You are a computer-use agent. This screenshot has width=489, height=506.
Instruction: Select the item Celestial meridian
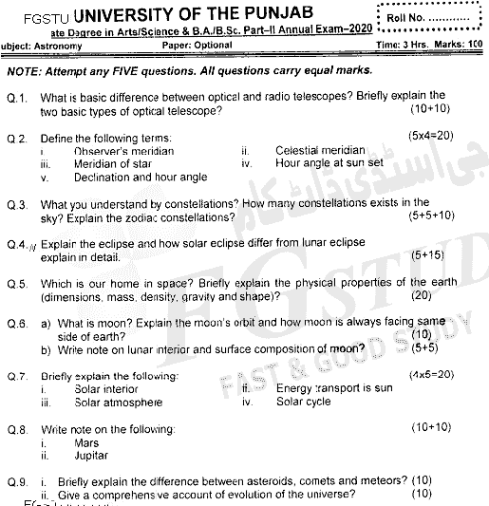320,150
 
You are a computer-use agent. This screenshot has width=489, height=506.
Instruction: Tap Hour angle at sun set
329,163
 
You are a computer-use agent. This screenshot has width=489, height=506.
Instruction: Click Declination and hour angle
140,177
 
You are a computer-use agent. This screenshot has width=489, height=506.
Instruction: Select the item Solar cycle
303,402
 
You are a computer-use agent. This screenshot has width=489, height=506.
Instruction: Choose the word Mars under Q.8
85,442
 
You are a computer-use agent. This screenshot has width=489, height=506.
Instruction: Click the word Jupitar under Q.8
92,456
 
